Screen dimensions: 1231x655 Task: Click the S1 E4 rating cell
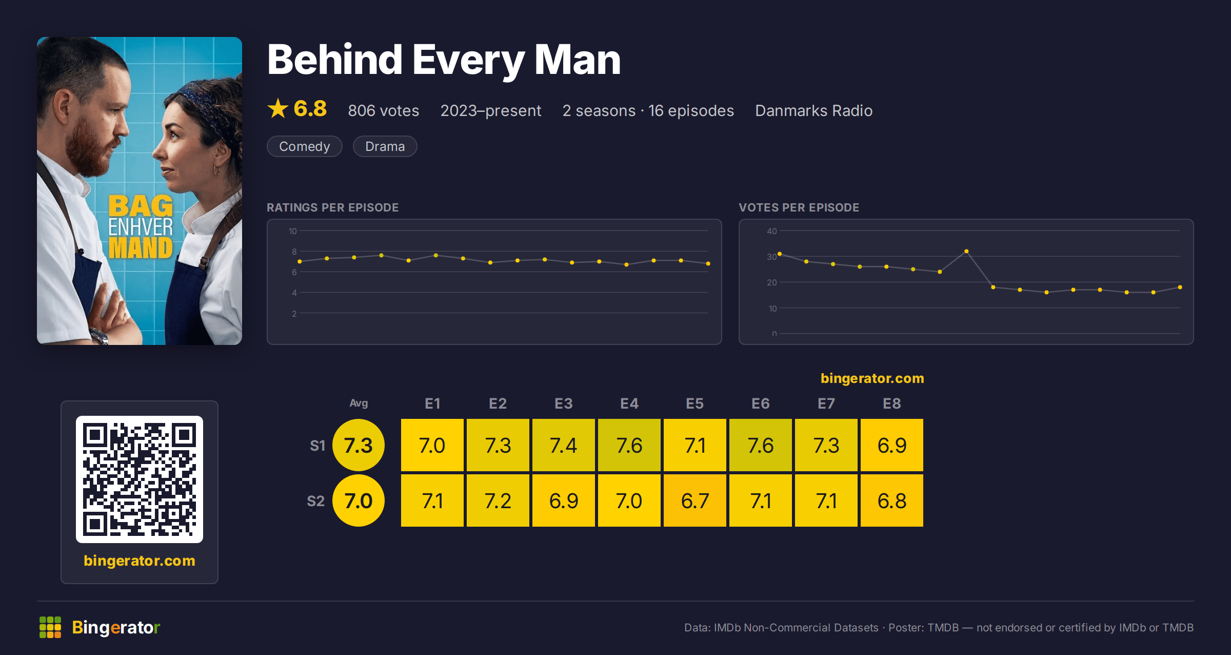click(629, 445)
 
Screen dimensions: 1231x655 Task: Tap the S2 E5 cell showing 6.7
click(695, 500)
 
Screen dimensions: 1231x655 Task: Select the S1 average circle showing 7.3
click(359, 445)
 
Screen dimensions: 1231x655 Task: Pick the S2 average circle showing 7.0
click(359, 500)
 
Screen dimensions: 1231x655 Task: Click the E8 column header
click(892, 403)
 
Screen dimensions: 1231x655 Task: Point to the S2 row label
click(316, 501)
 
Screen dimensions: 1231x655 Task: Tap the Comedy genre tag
click(305, 146)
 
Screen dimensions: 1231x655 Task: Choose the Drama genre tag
click(385, 146)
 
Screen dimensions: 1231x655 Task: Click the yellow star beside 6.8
click(278, 108)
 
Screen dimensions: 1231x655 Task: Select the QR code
click(140, 479)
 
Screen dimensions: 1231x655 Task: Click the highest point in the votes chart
click(966, 252)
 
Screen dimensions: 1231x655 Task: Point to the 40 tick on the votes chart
click(772, 231)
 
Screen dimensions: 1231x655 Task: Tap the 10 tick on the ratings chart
click(292, 231)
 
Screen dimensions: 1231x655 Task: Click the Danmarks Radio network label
click(814, 110)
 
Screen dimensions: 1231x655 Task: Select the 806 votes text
click(384, 110)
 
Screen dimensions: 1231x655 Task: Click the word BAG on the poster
click(141, 206)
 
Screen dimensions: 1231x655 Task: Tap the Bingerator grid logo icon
click(50, 627)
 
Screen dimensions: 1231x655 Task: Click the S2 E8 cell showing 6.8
click(892, 500)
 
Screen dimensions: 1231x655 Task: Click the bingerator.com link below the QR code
click(140, 561)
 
